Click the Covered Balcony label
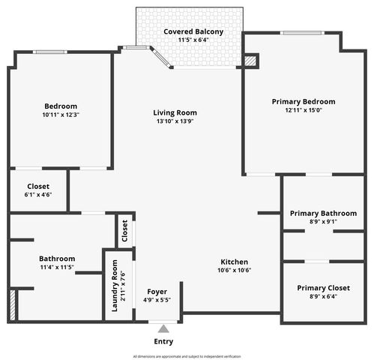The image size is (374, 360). [x=193, y=31]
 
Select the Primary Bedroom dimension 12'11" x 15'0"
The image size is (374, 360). [x=303, y=111]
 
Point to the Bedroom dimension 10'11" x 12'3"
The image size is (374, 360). [x=60, y=115]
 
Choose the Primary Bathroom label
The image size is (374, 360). [x=323, y=214]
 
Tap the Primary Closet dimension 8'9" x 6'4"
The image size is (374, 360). [x=322, y=297]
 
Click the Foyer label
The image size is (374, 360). [x=157, y=291]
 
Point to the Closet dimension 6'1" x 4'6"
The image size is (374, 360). [x=38, y=196]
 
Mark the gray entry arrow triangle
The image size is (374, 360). [x=163, y=328]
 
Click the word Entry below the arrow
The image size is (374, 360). [x=163, y=341]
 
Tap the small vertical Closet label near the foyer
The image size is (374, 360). [x=125, y=232]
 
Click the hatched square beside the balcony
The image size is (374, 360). [x=251, y=61]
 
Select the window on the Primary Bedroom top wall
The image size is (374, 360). [x=302, y=32]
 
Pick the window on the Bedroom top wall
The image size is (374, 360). [x=50, y=52]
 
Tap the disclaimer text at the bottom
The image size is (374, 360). [x=187, y=356]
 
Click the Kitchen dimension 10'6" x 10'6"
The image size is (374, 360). [x=233, y=270]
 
